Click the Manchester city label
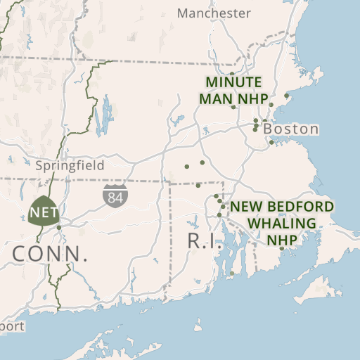pos(214,13)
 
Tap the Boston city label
pos(291,129)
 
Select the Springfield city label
pos(70,166)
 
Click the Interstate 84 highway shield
pos(114,196)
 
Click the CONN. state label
pos(50,254)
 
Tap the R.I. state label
pos(205,240)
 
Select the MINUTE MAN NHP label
pos(233,90)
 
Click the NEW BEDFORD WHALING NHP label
pos(282,223)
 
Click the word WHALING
pos(281,223)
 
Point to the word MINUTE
pos(233,82)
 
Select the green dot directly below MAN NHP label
pos(233,108)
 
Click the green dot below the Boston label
pos(271,143)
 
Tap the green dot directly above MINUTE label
pos(232,73)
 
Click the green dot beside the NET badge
pos(59,227)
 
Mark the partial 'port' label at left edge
pos(11,326)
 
